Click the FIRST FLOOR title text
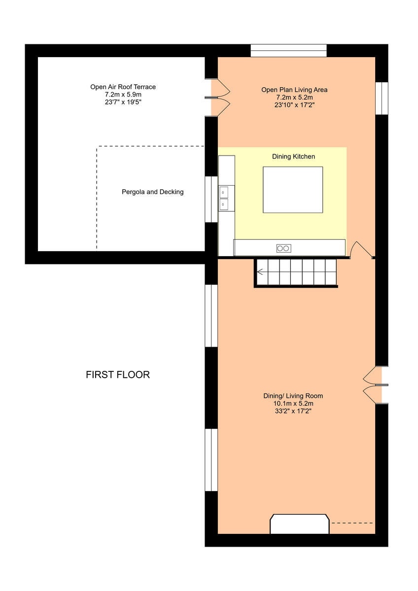tap(118, 375)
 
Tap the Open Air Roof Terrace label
tap(123, 87)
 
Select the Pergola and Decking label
tap(152, 192)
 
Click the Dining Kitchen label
tap(293, 157)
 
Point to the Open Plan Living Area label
tap(294, 90)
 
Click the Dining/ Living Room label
tap(293, 396)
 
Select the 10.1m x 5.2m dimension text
tap(293, 403)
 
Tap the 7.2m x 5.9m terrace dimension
tap(123, 95)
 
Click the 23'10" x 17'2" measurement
tap(294, 104)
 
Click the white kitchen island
tap(293, 190)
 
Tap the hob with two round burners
tap(283, 248)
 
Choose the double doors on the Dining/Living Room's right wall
tap(373, 385)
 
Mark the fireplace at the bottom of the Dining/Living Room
tap(299, 525)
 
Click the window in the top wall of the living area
tap(288, 51)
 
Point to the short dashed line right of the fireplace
tap(351, 523)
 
